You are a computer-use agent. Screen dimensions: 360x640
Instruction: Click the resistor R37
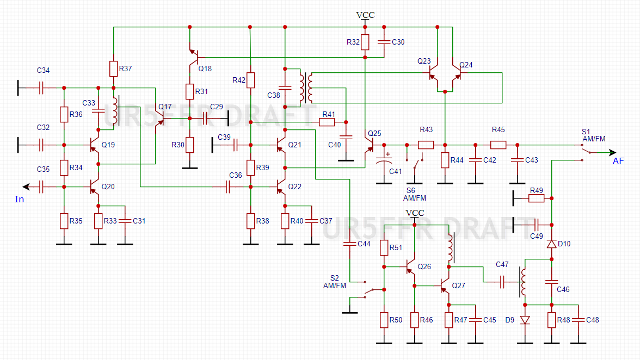click(x=113, y=69)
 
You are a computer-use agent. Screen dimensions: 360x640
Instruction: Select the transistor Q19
click(x=95, y=145)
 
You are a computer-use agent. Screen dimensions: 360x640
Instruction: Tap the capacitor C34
click(x=41, y=87)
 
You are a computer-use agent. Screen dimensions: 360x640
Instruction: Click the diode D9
click(x=525, y=320)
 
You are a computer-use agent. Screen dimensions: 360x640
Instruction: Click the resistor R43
click(x=426, y=145)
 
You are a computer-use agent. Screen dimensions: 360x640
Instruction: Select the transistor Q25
click(x=368, y=145)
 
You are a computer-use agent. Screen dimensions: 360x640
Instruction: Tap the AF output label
click(x=618, y=161)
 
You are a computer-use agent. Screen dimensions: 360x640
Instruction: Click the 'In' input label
click(x=20, y=199)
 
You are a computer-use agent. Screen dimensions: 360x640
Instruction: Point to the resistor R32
click(x=365, y=42)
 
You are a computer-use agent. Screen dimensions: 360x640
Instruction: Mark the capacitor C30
click(x=384, y=42)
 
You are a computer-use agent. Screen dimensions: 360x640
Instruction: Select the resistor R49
click(x=536, y=198)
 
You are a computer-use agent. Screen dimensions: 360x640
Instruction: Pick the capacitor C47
click(x=502, y=282)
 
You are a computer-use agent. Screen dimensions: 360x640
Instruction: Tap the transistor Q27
click(x=445, y=285)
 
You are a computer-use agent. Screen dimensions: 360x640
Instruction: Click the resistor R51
click(x=384, y=248)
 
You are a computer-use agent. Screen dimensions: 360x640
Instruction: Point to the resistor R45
click(x=498, y=145)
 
